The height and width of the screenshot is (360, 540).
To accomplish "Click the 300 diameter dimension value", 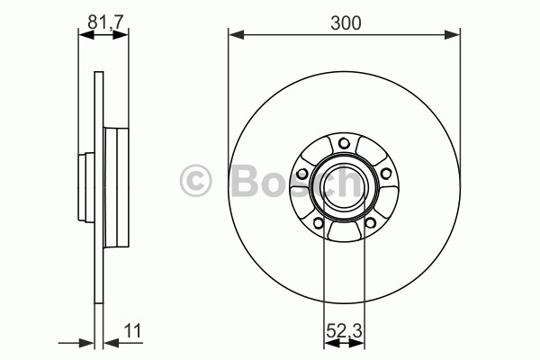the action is pos(346,23).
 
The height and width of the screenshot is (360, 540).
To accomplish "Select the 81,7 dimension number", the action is pos(105,22).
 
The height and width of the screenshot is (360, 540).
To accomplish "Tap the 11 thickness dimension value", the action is pos(132,331).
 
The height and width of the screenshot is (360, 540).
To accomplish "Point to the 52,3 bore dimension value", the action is pos(344,331).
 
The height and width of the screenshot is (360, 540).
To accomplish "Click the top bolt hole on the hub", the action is pos(344,143).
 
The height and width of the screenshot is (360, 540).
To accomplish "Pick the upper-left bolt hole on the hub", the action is pos(302,174).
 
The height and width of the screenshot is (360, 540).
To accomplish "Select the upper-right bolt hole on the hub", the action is pos(386,174).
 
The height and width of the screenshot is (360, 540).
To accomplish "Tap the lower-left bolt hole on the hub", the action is pos(319,223).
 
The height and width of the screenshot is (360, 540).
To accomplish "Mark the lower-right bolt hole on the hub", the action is pos(370,223).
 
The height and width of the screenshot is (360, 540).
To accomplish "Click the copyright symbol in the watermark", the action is pos(195,181).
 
